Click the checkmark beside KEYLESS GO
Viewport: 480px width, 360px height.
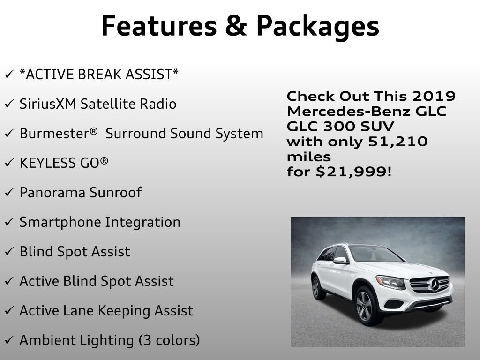tap(9, 164)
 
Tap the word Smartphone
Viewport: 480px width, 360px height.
tap(60, 222)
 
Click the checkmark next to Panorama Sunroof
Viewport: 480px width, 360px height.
tap(9, 193)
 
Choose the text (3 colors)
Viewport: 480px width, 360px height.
tap(169, 340)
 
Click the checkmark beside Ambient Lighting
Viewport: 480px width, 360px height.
tap(9, 341)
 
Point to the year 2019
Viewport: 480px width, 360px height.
tap(434, 96)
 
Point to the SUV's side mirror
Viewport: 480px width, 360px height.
tap(340, 260)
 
